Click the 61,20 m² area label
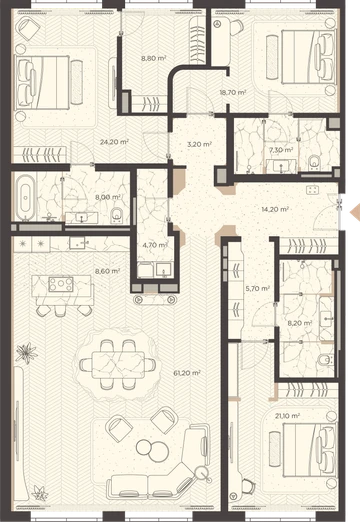coord(187,373)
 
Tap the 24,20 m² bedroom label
coord(114,142)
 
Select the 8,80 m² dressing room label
coord(153,58)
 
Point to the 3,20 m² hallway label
coord(199,144)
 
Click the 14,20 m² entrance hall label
coord(275,209)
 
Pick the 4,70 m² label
coord(155,245)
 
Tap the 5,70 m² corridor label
coord(257,289)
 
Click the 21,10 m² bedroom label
coord(287,416)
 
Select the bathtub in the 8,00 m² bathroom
coord(26,196)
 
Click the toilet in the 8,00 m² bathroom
coord(116,215)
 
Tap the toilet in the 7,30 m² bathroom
coord(314,162)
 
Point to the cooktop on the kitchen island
coord(61,284)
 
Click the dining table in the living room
coord(118,364)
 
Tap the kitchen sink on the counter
coord(79,243)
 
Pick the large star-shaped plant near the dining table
coord(26,353)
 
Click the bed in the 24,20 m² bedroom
coord(42,82)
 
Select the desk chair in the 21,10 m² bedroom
coord(247,487)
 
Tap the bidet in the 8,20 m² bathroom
coord(325,360)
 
